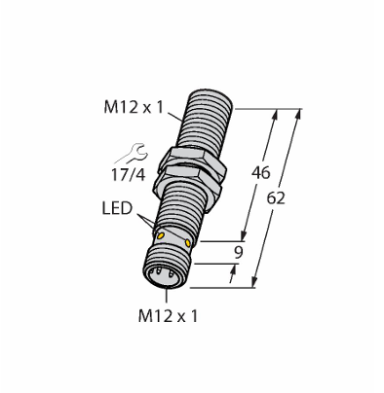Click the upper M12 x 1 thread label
134,107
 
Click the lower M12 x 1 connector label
168,316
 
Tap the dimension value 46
261,173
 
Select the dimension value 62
276,198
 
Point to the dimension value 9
239,253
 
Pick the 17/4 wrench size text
129,175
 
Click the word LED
117,208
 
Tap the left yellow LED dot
160,236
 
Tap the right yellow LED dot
187,242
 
